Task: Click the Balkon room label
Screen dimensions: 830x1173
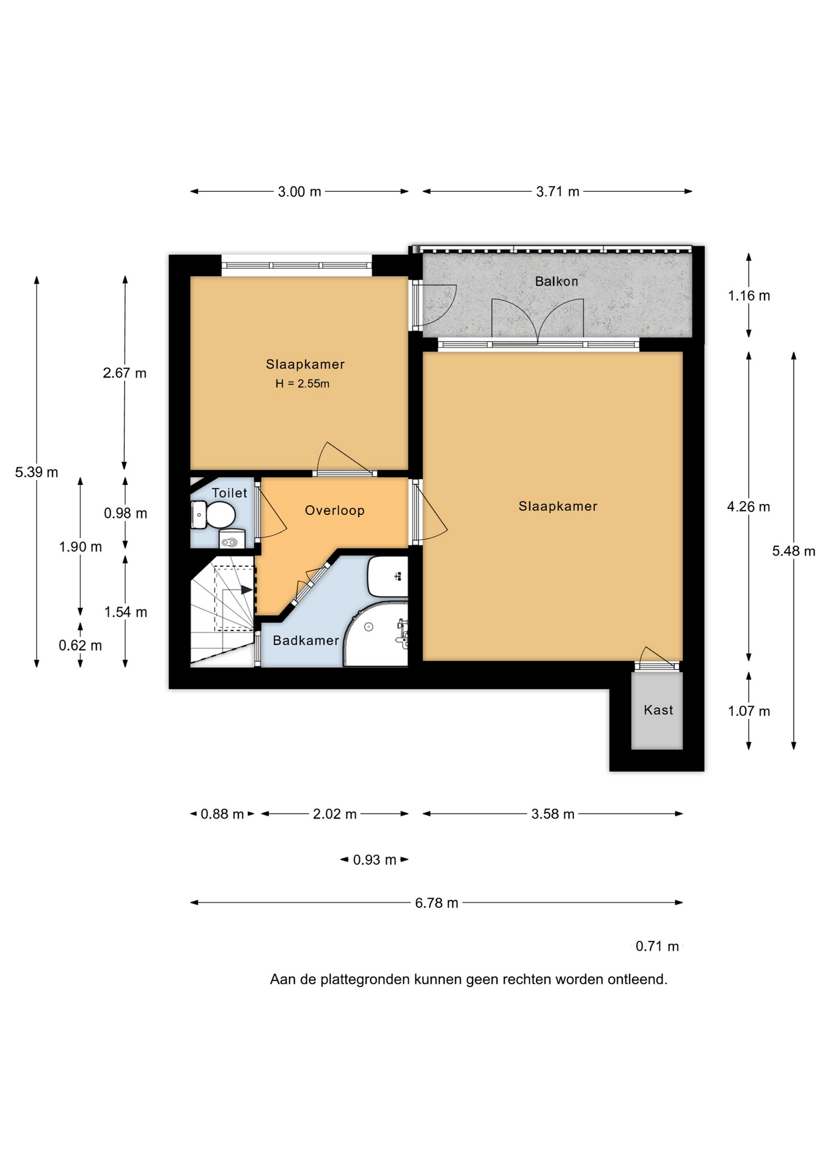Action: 556,282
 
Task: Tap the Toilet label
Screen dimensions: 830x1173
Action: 229,493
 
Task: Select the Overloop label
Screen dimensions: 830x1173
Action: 334,511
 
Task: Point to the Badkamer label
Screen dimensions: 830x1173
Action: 306,640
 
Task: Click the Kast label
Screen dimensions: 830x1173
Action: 658,710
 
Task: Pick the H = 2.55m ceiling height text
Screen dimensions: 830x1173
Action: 302,384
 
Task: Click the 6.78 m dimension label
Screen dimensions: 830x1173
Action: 436,903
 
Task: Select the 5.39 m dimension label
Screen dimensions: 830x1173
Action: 37,472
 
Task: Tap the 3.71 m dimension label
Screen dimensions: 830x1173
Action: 557,192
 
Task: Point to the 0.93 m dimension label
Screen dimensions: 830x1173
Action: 375,860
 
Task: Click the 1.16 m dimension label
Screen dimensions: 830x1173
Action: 749,296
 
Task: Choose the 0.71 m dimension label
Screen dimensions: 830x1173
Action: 657,946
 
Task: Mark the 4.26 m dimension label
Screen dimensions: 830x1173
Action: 749,506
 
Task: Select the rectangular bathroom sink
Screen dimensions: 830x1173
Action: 387,576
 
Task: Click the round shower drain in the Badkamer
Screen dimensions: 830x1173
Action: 369,627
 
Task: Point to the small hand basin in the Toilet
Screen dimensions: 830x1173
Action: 232,540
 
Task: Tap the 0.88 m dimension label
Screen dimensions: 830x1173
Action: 222,814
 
